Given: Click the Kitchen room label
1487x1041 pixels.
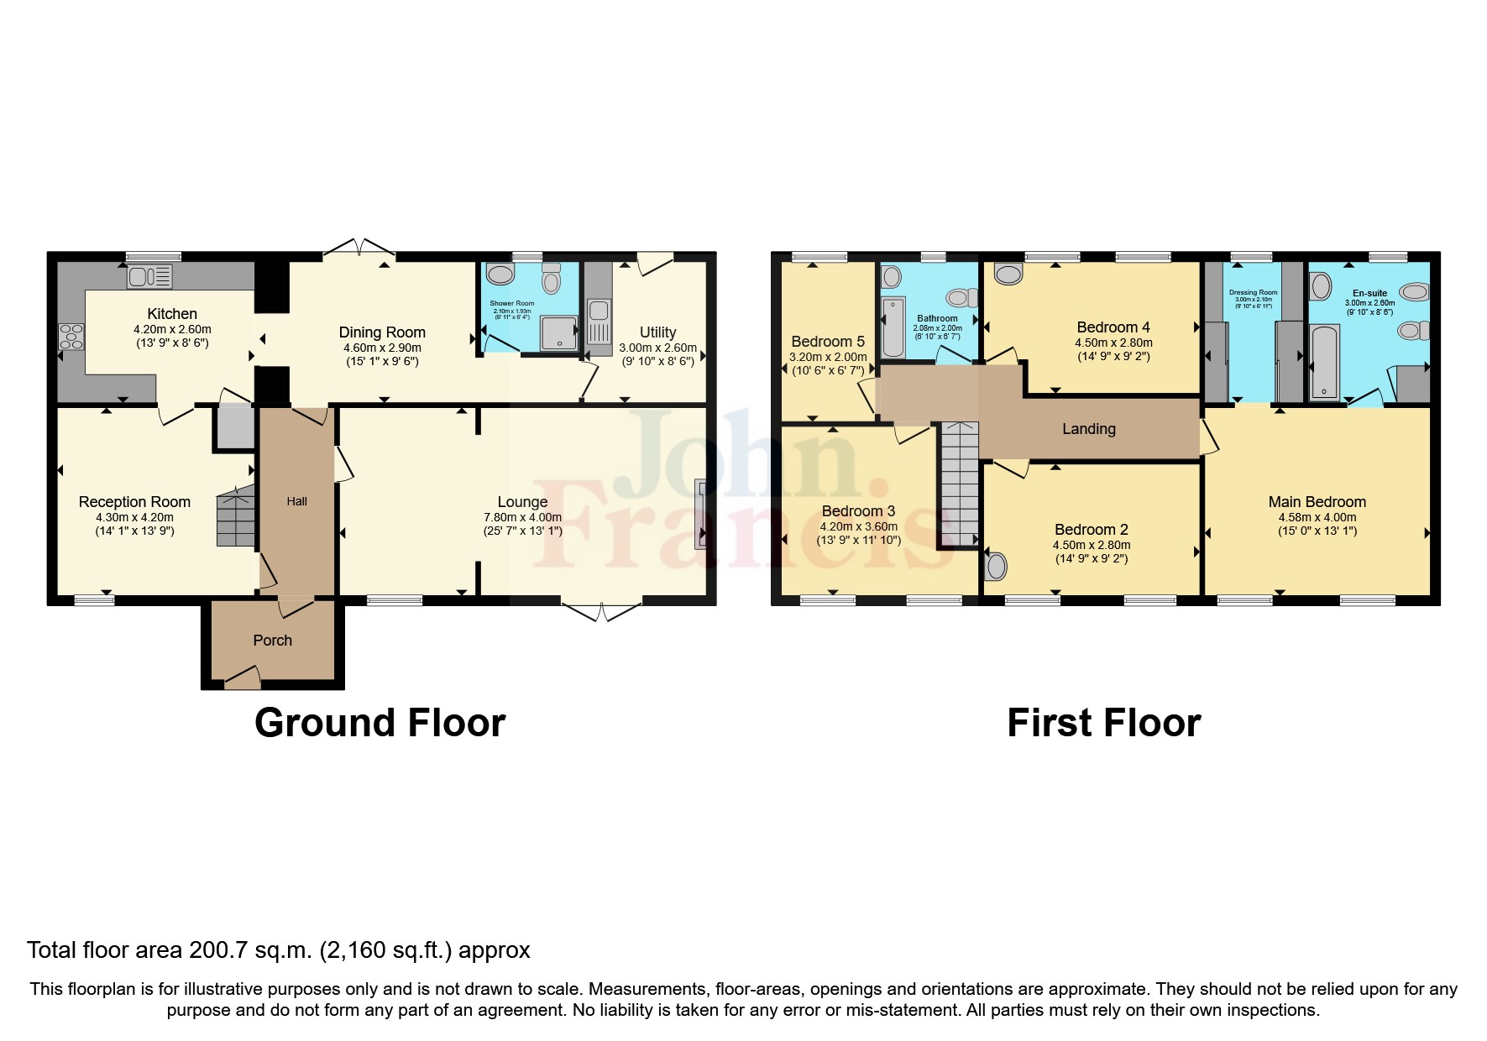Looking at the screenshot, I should pyautogui.click(x=172, y=314).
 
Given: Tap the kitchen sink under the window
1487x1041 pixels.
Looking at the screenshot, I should pyautogui.click(x=149, y=275).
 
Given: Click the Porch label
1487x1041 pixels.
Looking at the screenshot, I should pyautogui.click(x=272, y=641).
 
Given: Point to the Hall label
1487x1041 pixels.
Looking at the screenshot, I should pyautogui.click(x=296, y=501).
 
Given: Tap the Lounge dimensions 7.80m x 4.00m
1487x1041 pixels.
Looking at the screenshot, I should pyautogui.click(x=522, y=517).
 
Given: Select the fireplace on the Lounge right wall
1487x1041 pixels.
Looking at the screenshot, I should pyautogui.click(x=699, y=513).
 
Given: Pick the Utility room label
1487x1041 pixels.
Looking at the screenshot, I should pyautogui.click(x=657, y=332).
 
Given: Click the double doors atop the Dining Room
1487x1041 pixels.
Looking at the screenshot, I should pyautogui.click(x=359, y=246).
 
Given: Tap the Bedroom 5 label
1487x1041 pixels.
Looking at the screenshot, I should pyautogui.click(x=827, y=342).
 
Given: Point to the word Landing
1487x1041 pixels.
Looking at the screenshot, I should pyautogui.click(x=1088, y=429).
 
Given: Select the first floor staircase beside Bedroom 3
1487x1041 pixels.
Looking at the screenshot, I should pyautogui.click(x=960, y=484).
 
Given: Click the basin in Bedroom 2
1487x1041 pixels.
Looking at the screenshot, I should pyautogui.click(x=996, y=566).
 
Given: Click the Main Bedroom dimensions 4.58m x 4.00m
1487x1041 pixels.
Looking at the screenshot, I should pyautogui.click(x=1317, y=517).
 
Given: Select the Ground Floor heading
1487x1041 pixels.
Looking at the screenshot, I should pyautogui.click(x=380, y=723).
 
